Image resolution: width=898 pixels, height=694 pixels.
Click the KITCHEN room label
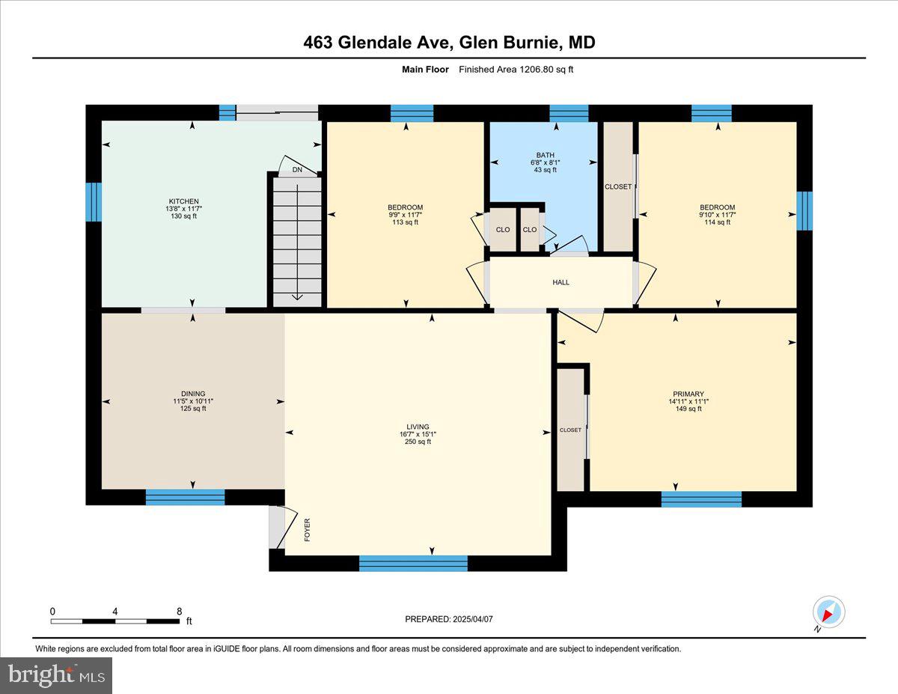click(183, 201)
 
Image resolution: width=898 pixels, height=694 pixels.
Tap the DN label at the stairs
click(297, 170)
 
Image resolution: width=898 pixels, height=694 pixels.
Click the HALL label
click(561, 282)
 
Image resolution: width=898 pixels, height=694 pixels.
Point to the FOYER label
click(307, 529)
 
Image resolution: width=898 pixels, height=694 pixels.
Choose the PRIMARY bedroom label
click(688, 394)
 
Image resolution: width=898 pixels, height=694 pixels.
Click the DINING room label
click(192, 394)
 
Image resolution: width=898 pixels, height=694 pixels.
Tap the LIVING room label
click(418, 427)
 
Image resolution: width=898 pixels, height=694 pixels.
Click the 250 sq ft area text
click(418, 442)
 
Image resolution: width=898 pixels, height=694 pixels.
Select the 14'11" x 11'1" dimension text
click(688, 401)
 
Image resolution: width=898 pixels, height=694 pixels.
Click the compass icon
click(828, 612)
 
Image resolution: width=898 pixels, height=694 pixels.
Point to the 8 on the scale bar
click(179, 611)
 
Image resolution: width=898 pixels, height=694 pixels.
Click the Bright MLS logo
click(56, 675)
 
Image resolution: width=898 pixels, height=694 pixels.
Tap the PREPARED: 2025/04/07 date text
click(449, 619)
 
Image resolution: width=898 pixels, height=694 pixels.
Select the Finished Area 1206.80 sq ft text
click(516, 70)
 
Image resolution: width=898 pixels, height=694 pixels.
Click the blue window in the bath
click(569, 113)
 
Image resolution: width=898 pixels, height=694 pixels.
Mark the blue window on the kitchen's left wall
click(94, 201)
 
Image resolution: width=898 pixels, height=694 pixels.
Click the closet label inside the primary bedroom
click(570, 430)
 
